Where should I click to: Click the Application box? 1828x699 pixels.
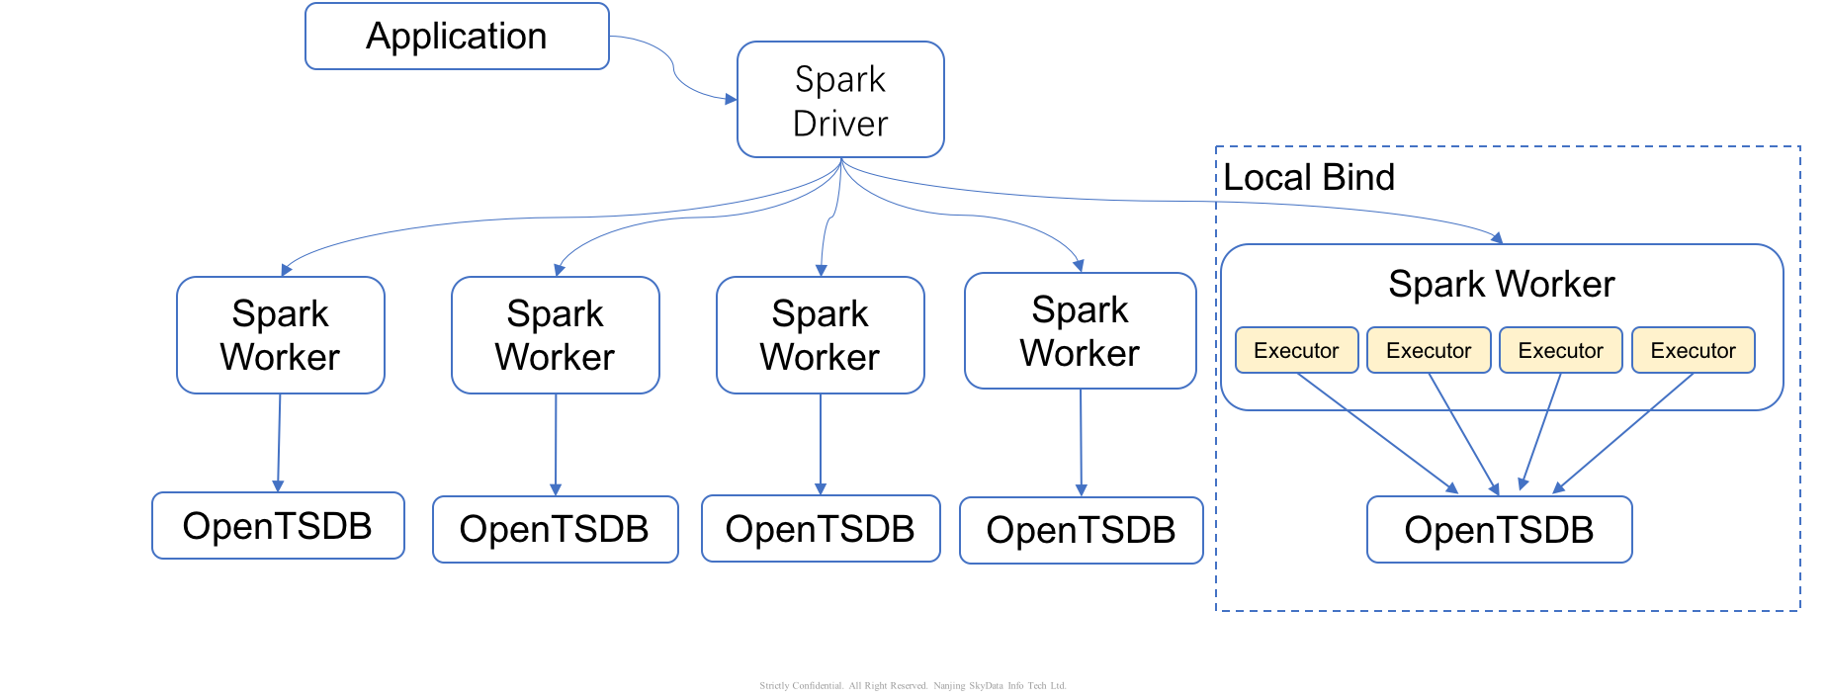457,37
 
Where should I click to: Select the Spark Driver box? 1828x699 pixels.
840,99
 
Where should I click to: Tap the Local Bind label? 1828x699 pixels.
1309,177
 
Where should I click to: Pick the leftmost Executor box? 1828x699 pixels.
1296,350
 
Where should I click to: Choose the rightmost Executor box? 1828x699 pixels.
1693,350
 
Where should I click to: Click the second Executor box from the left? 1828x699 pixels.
1429,350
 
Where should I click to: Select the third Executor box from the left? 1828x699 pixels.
1560,350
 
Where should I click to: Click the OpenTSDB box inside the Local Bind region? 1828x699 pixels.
1499,530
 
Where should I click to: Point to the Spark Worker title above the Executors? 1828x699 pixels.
1501,284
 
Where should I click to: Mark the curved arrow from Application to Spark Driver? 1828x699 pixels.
674,69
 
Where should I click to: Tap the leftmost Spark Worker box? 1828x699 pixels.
281,335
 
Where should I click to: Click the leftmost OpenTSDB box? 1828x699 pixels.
278,526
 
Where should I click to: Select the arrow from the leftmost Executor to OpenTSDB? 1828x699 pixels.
1377,432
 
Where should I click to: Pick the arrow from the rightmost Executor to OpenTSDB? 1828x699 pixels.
1622,432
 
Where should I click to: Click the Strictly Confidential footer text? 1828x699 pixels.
913,685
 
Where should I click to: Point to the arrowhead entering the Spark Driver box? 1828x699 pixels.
731,99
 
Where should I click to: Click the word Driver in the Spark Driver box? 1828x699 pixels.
840,124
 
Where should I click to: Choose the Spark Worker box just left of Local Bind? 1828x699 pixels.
1081,331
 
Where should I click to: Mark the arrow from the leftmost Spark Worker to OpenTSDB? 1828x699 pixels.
279,443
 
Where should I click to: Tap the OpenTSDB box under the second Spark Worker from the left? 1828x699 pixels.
556,530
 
